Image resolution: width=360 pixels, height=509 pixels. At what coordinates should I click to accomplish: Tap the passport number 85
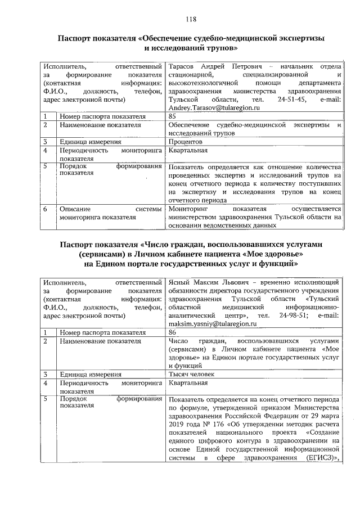[173, 116]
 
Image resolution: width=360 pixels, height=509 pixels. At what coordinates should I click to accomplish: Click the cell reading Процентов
[186, 142]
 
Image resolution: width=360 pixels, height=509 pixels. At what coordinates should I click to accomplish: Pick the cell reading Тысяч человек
[191, 373]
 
